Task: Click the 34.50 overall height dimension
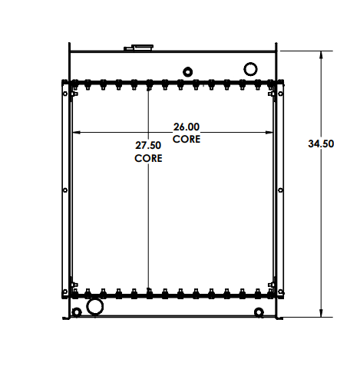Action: coord(321,143)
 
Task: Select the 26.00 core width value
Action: coord(187,127)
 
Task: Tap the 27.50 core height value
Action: coord(148,146)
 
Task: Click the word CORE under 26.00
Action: coord(187,139)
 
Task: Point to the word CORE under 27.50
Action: coord(148,158)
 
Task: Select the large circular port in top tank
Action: coord(250,69)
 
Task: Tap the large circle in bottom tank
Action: coord(95,307)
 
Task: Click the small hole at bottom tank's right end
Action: coord(259,311)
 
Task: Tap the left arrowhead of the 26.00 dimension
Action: coord(75,132)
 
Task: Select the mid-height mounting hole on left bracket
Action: coord(64,189)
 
